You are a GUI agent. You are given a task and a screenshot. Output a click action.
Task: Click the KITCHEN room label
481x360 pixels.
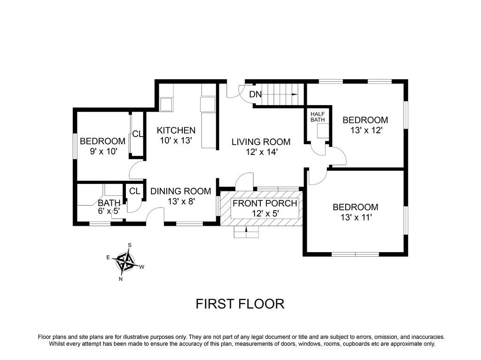click(176, 130)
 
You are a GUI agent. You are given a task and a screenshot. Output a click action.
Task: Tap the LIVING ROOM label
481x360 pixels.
click(261, 142)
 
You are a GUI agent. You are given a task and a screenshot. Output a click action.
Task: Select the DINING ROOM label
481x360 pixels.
click(181, 191)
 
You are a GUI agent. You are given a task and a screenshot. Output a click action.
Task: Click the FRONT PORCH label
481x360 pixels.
click(265, 203)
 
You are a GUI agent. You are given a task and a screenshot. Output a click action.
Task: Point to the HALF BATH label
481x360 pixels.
click(318, 117)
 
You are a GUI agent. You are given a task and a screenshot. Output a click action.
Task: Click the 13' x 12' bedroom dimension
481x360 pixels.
click(366, 130)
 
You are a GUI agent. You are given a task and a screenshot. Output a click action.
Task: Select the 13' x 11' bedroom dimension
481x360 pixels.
click(356, 217)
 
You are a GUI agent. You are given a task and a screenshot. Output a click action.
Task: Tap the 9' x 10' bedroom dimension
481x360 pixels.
click(104, 152)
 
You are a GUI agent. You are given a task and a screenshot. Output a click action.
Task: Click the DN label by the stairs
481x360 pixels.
click(255, 94)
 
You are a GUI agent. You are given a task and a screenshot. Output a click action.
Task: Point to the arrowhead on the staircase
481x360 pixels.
click(295, 94)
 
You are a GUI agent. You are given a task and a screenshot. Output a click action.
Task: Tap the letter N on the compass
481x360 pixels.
click(121, 279)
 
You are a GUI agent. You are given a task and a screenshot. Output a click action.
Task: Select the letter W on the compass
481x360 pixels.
click(142, 267)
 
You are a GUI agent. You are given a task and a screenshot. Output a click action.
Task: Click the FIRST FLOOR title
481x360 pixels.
click(240, 304)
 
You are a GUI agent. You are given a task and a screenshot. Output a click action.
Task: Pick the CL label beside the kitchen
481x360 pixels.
click(138, 134)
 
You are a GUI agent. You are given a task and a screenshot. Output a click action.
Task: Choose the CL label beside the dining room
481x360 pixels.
click(134, 191)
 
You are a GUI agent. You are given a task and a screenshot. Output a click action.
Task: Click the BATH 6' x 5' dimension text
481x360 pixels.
click(109, 211)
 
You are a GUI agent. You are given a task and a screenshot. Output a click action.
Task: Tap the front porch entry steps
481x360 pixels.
click(246, 232)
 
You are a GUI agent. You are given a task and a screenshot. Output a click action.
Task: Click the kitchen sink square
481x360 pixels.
click(166, 105)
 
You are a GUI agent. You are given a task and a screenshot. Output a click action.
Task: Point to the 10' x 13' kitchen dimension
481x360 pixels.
click(176, 140)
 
